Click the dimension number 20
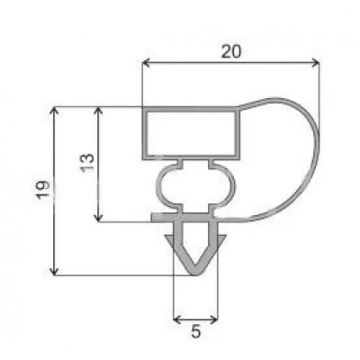click(231, 52)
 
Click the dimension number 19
click(42, 190)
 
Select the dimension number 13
click(87, 163)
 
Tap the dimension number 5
click(195, 332)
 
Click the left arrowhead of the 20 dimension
click(146, 63)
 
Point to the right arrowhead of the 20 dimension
click(315, 63)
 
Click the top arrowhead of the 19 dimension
click(54, 111)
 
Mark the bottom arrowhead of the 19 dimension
click(54, 271)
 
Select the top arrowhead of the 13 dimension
click(98, 111)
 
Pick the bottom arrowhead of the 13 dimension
click(98, 218)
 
